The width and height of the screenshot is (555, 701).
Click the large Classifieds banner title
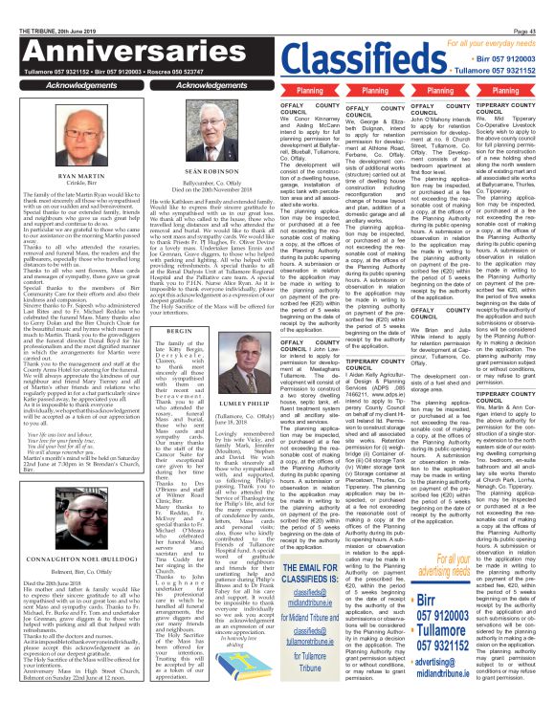pyautogui.click(x=359, y=59)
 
